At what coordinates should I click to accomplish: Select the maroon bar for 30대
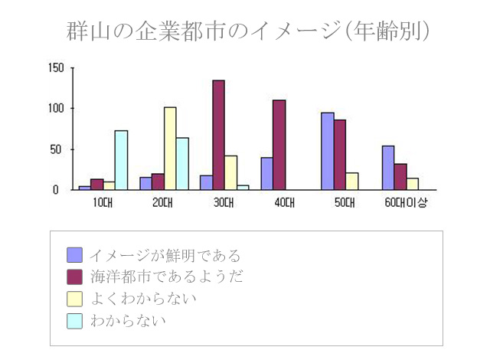tap(218, 135)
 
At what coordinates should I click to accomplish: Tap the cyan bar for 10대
tap(121, 160)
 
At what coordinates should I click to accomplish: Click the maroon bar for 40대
tap(279, 145)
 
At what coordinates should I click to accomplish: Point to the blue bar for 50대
tap(328, 151)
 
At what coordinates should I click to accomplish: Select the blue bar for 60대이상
tap(388, 168)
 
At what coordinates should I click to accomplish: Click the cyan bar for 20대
tap(182, 163)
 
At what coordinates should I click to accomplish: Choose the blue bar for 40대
tap(266, 174)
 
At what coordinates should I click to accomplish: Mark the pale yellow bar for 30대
tap(230, 172)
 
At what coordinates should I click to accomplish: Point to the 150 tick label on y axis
tap(55, 67)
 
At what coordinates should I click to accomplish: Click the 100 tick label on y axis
tap(55, 108)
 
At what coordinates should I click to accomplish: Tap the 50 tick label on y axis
tap(58, 149)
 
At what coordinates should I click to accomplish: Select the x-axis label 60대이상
tap(407, 203)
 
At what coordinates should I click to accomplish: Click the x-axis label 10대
tap(102, 203)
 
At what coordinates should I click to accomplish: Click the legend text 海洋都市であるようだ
tap(166, 277)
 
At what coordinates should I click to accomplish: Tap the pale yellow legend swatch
tap(74, 298)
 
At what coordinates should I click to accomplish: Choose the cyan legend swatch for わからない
tap(74, 319)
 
